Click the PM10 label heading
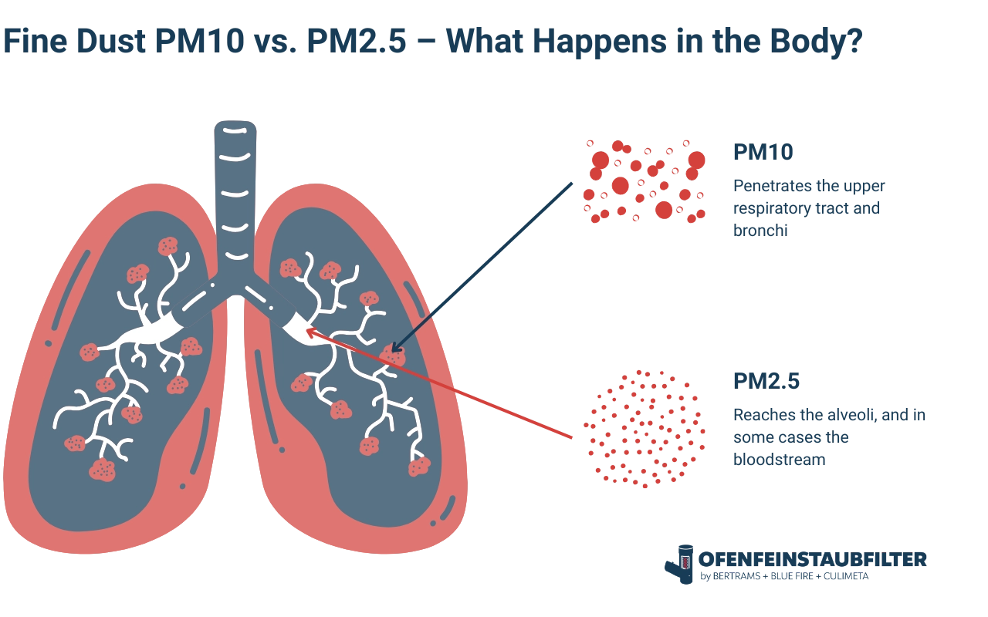tap(762, 152)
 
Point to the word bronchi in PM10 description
tap(759, 230)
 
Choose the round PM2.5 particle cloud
tap(645, 428)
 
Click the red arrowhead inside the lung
tap(311, 332)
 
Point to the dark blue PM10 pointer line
tap(494, 255)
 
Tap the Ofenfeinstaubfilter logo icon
tap(680, 564)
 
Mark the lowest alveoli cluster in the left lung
tap(102, 469)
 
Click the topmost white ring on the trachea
tap(235, 130)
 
